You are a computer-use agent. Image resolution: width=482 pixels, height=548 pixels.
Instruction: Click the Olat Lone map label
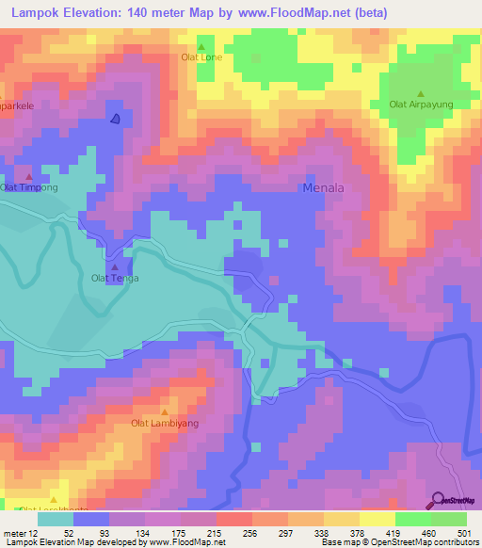click(x=201, y=57)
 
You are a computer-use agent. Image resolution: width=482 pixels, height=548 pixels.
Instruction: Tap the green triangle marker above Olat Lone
click(x=201, y=46)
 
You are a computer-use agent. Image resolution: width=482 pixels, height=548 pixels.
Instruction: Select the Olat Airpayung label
click(x=421, y=105)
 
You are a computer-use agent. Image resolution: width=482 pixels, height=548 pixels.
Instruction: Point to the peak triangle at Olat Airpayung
click(x=421, y=93)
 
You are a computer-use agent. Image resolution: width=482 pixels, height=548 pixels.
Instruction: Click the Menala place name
click(x=323, y=187)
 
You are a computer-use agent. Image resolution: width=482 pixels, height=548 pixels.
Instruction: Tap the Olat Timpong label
click(x=29, y=187)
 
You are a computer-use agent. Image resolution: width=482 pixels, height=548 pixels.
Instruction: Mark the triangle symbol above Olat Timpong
click(x=28, y=176)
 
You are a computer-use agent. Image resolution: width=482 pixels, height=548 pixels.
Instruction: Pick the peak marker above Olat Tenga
click(x=115, y=266)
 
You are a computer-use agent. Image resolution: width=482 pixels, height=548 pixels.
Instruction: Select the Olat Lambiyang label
click(x=165, y=424)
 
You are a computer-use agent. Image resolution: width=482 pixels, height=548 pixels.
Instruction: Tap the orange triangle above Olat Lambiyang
click(x=165, y=411)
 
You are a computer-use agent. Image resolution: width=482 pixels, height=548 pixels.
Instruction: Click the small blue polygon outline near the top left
click(x=115, y=118)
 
